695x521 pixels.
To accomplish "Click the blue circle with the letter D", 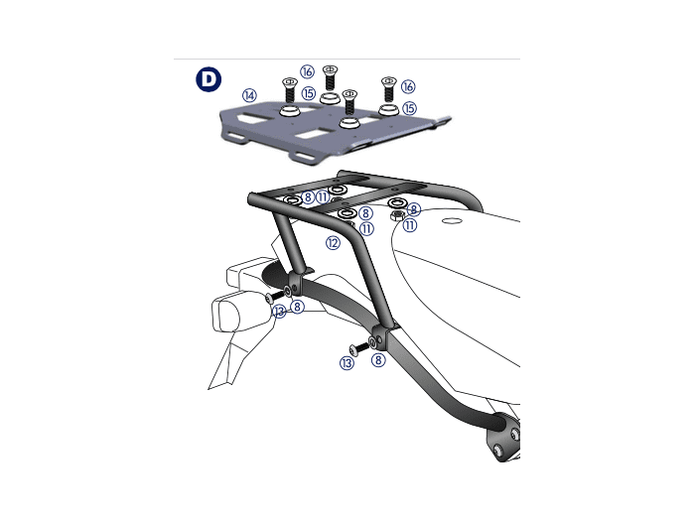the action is (208, 79).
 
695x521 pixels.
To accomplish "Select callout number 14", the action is (249, 95).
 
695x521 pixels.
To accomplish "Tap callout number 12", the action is (333, 243).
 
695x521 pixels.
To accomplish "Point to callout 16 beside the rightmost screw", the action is (408, 86).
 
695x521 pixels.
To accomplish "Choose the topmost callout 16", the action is (307, 71).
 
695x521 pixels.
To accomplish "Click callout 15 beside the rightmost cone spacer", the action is (409, 108).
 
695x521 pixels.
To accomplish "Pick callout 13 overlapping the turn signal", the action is (279, 311).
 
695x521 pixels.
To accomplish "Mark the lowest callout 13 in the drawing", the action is (347, 363).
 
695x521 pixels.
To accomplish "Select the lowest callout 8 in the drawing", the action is (378, 359).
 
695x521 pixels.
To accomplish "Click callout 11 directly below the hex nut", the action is (409, 225).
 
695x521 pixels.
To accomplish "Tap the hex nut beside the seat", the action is (397, 215).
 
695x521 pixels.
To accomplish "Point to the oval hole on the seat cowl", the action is (452, 220).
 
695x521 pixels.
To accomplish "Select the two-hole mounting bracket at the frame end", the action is (504, 439).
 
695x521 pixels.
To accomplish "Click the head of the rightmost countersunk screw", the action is (389, 80).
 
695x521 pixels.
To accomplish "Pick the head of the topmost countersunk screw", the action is (330, 69).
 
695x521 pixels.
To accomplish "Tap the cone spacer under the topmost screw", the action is (330, 98).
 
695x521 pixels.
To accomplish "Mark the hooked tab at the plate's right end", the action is (443, 121).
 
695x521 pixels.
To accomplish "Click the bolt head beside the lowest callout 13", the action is (354, 350).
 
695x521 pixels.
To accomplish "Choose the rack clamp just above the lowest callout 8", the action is (379, 336).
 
